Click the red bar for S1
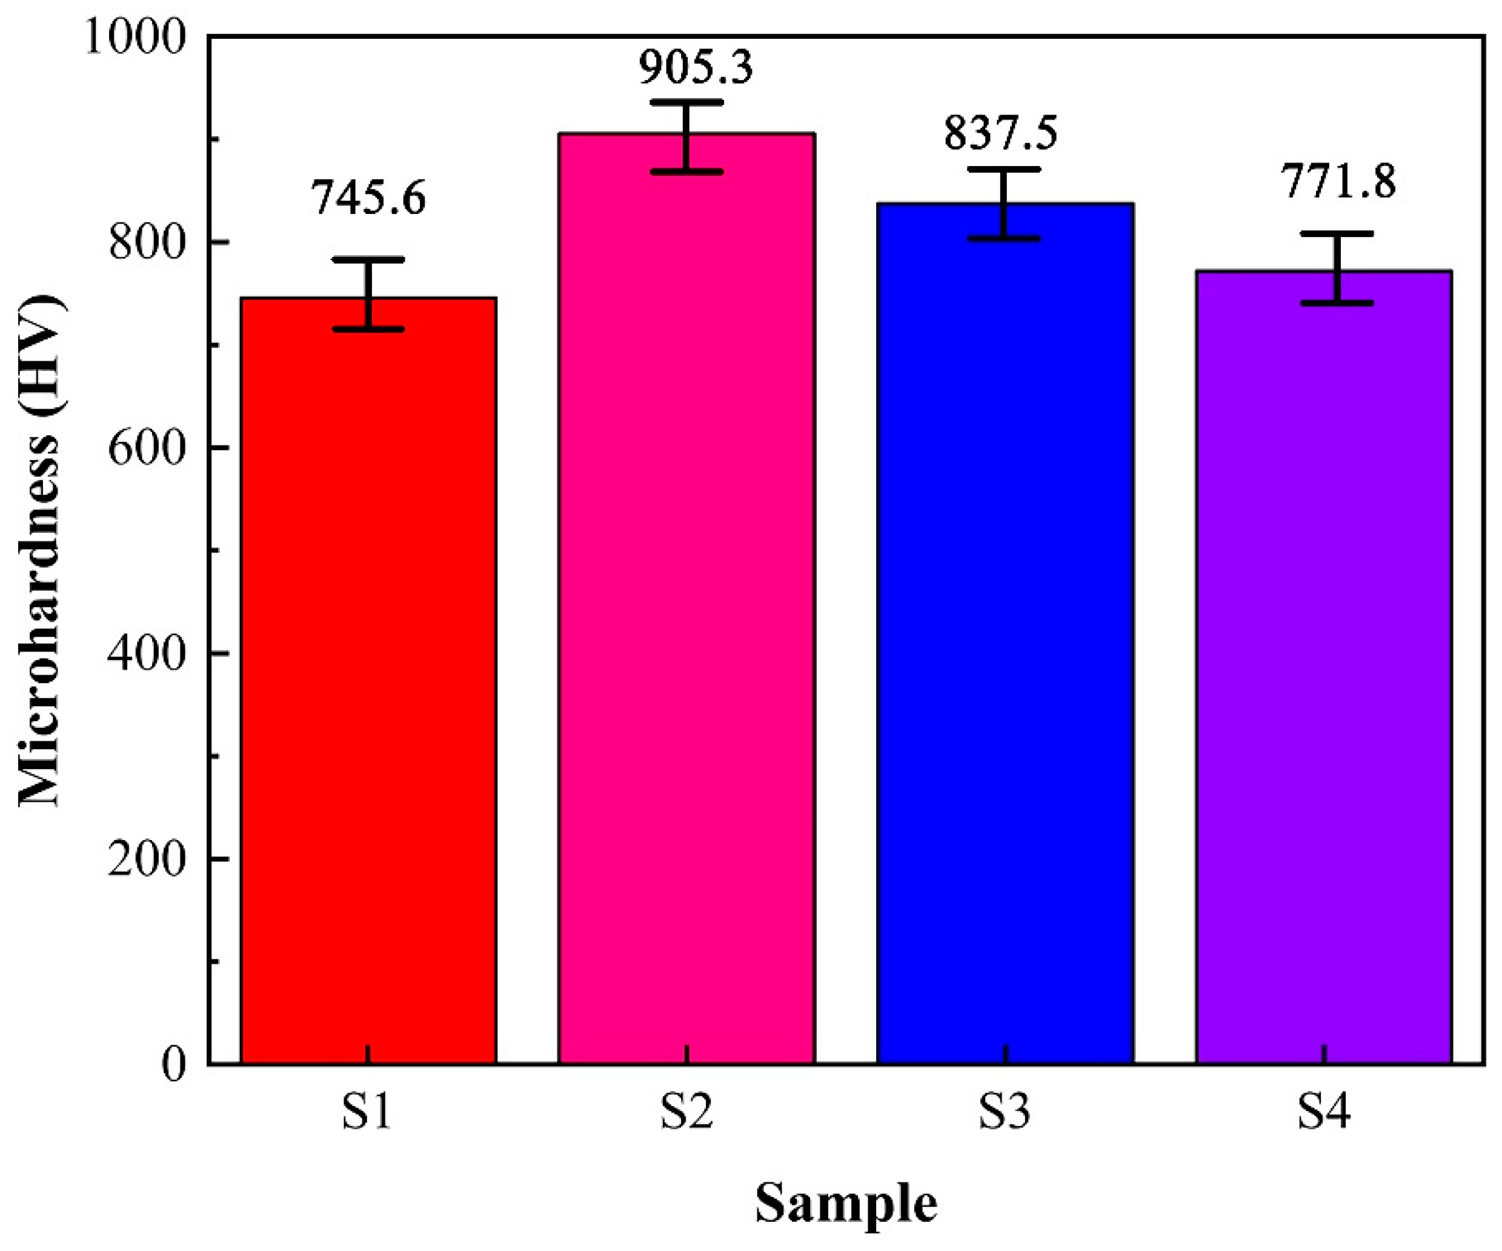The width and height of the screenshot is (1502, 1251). tap(368, 680)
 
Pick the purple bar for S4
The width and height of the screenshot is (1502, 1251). tap(1324, 666)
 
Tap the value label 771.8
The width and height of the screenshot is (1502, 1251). tap(1337, 182)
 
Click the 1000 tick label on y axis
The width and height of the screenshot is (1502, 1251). tap(136, 37)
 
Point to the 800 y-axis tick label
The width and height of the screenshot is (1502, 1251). tap(147, 243)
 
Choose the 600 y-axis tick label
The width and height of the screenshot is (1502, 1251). tap(147, 449)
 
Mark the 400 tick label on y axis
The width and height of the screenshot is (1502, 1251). tap(147, 654)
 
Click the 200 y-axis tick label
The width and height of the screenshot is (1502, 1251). tap(147, 859)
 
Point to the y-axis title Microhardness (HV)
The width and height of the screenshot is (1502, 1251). tap(39, 551)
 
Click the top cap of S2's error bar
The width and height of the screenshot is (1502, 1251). tap(686, 102)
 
